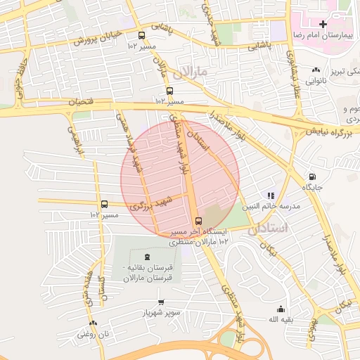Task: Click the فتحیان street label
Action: (x=79, y=103)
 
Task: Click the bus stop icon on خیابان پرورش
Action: (x=142, y=36)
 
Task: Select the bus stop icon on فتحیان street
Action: (x=169, y=91)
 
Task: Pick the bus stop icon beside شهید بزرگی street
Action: (x=104, y=205)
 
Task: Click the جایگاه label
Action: (x=312, y=188)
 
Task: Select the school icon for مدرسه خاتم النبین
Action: (x=271, y=195)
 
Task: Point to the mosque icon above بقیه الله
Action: (x=281, y=309)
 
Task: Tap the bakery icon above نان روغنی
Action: (x=93, y=323)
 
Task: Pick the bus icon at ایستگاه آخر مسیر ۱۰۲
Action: (x=199, y=219)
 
